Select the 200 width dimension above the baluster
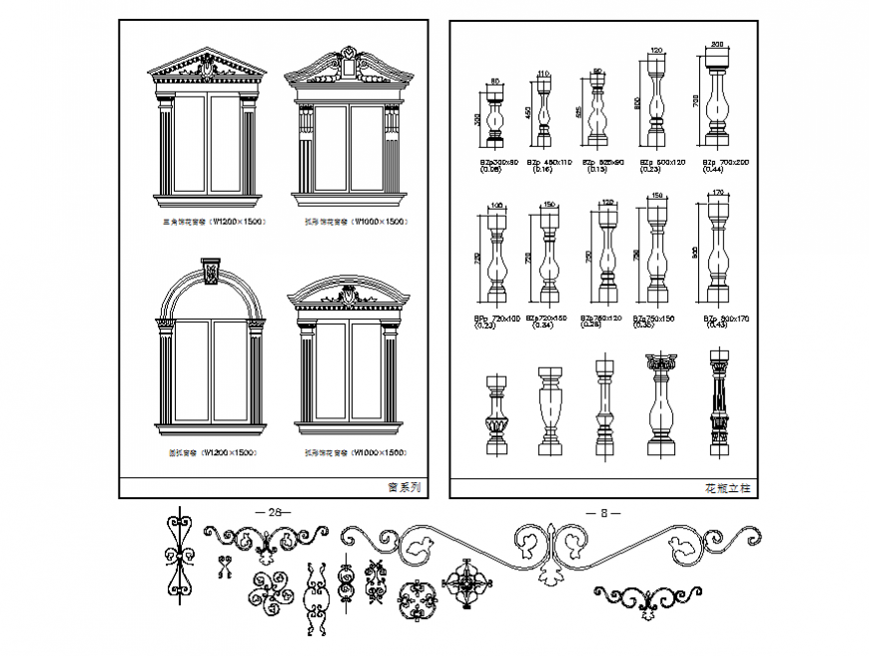click(x=716, y=45)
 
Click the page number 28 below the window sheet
click(x=274, y=511)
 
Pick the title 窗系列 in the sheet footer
click(x=405, y=488)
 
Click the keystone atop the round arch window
click(x=211, y=272)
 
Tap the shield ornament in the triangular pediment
click(x=207, y=68)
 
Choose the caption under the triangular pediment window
click(x=207, y=222)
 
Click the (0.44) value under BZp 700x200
click(x=714, y=169)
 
